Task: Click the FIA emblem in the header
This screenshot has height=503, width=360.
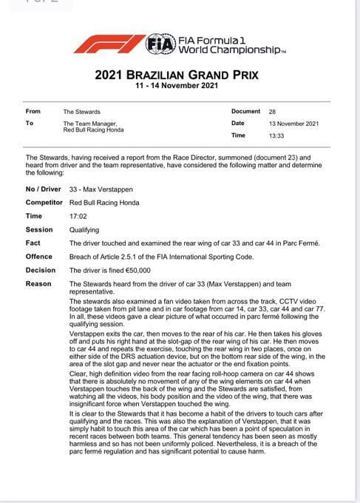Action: point(160,44)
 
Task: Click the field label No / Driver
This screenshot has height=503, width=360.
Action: point(44,189)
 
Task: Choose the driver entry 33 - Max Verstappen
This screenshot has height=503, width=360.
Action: point(102,189)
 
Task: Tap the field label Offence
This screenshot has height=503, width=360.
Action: point(39,256)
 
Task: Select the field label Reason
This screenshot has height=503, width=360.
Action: point(38,283)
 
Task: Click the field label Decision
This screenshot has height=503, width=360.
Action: point(41,269)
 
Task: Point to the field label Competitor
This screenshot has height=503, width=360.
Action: point(45,202)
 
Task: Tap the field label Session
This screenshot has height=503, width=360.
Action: point(39,229)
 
